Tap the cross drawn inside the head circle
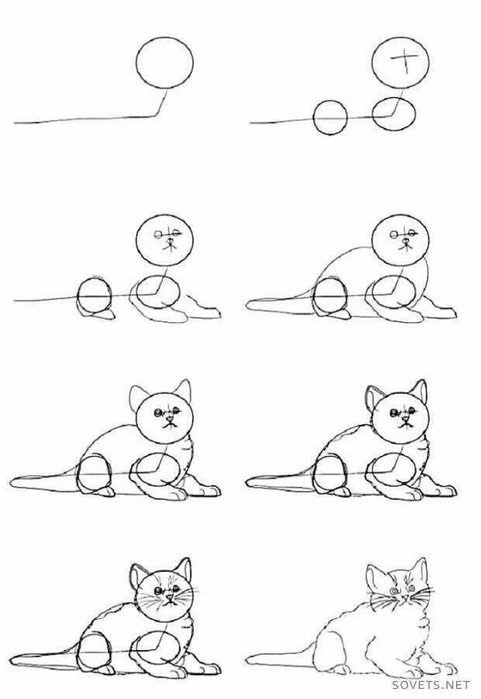tap(405, 59)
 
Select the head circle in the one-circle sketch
tap(164, 62)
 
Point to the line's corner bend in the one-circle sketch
tap(157, 116)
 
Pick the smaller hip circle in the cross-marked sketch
tap(330, 116)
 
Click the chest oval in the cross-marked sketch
tap(393, 114)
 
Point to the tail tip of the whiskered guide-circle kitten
tap(11, 659)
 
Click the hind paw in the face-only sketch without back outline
tap(102, 315)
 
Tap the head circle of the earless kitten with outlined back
tap(400, 242)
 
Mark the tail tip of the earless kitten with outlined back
tap(247, 305)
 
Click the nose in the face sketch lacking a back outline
tap(169, 242)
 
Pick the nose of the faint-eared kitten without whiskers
tap(169, 419)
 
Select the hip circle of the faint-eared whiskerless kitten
tap(95, 474)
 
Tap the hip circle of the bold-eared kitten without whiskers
tap(330, 474)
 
